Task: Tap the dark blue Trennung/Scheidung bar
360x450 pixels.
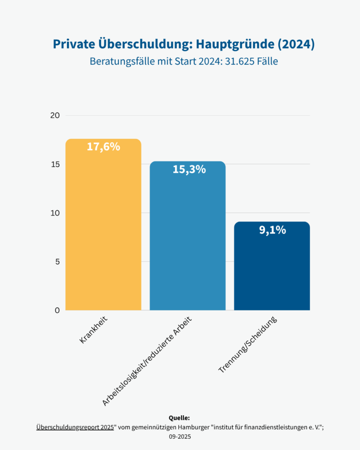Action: tap(272, 270)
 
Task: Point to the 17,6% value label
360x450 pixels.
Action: tap(103, 146)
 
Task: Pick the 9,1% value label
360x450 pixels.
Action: tap(272, 230)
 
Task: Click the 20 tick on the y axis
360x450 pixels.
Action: tap(55, 115)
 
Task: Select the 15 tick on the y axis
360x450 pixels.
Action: tap(55, 164)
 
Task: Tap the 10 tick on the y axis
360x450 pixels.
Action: tap(55, 213)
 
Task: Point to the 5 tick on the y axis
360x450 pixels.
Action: tap(57, 261)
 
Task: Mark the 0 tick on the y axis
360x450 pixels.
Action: tap(57, 310)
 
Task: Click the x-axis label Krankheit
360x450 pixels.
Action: tap(95, 330)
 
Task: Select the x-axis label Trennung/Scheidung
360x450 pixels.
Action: tap(248, 345)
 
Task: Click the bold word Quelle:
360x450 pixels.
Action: tap(179, 418)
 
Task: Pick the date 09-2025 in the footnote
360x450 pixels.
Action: tap(180, 436)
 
